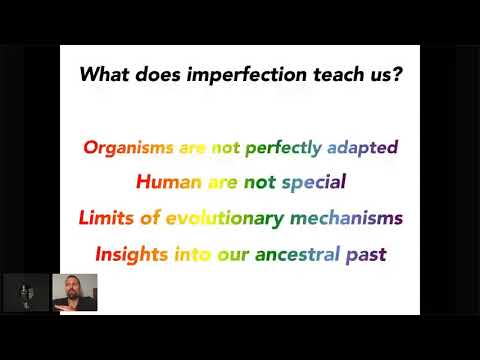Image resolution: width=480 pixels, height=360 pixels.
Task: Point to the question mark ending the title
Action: click(398, 75)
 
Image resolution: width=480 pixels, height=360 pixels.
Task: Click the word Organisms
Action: click(128, 147)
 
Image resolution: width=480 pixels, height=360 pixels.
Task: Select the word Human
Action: click(166, 183)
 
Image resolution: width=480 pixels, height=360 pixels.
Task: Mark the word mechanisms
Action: click(345, 218)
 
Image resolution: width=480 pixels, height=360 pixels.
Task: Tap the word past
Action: click(367, 254)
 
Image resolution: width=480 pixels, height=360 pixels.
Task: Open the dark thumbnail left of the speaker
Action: click(25, 292)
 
